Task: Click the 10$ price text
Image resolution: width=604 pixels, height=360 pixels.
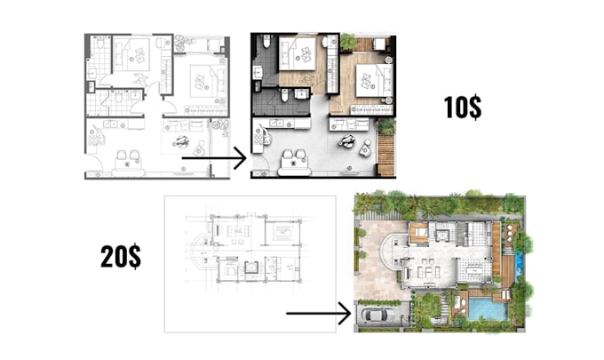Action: [463, 108]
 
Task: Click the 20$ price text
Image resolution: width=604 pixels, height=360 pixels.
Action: [120, 258]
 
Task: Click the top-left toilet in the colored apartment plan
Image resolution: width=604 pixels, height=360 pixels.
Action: [258, 44]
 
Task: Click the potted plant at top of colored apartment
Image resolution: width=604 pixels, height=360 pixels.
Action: [348, 42]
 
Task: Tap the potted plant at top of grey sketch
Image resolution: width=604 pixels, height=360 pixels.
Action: [182, 42]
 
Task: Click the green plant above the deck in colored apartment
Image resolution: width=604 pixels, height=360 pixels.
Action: [385, 127]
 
